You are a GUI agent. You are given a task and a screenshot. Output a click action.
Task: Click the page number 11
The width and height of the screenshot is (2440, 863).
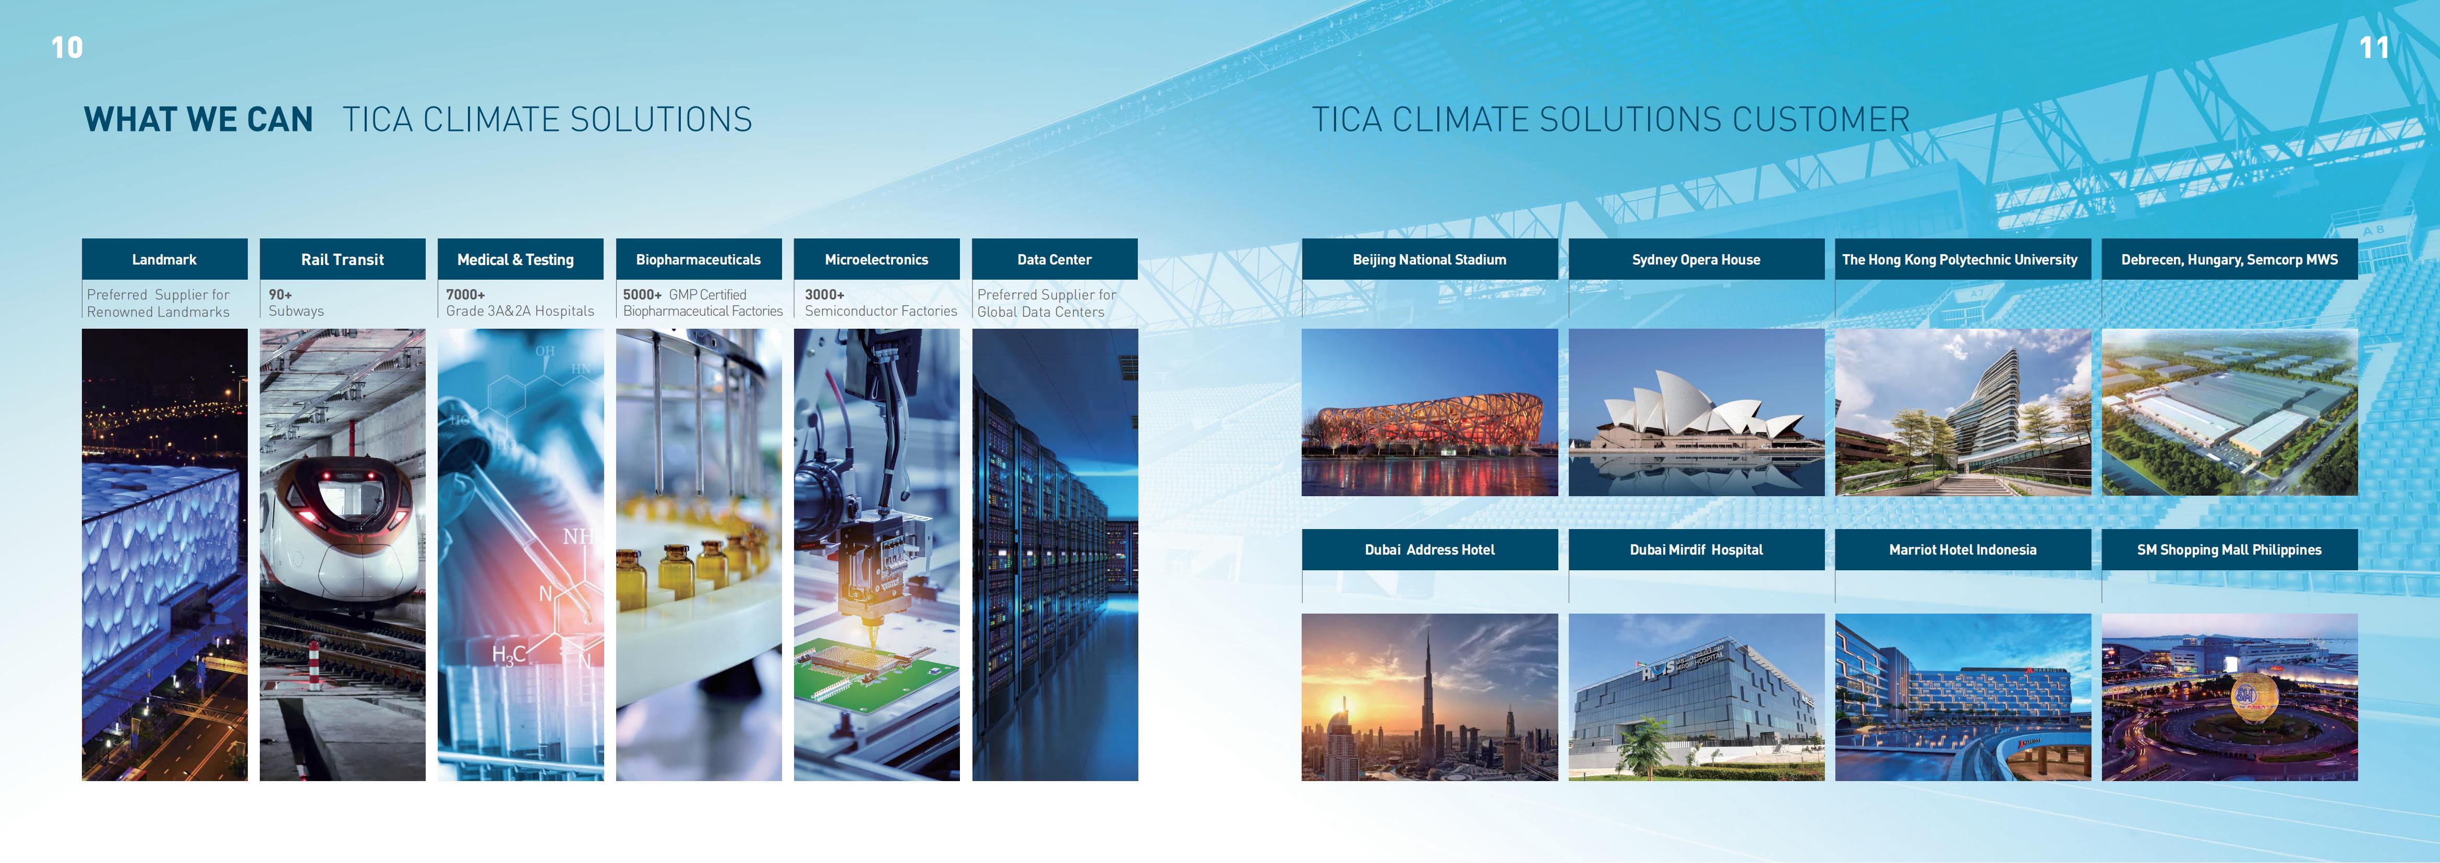2374,47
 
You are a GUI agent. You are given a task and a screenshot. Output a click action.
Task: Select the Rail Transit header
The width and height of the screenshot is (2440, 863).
342,259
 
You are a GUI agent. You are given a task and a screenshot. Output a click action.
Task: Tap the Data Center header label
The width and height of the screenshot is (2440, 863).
1054,259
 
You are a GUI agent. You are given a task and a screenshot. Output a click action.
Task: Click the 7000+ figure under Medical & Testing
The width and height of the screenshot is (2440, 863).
465,295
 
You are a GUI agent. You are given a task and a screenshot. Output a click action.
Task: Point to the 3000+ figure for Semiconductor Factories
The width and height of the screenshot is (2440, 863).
824,295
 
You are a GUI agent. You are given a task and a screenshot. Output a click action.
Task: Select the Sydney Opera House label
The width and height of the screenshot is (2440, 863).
1696,259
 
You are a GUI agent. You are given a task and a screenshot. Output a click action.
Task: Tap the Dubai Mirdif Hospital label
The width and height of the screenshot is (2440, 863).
1696,549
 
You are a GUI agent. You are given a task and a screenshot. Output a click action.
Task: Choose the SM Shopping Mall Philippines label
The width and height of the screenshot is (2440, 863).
2229,549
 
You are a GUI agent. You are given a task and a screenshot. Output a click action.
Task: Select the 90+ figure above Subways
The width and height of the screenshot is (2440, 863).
280,295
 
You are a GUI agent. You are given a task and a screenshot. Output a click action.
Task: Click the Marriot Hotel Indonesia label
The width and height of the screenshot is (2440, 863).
1963,549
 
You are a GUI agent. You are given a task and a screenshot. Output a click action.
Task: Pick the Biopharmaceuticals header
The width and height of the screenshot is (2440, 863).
698,259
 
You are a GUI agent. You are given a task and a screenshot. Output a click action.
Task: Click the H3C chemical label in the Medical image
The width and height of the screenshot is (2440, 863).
509,655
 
